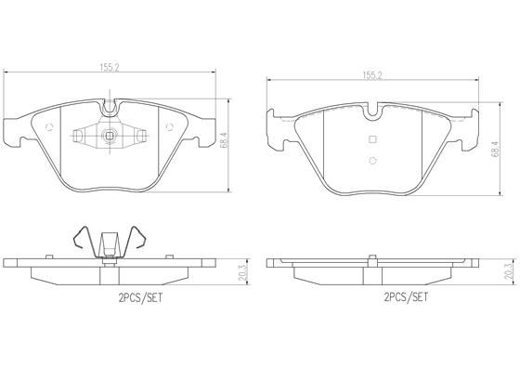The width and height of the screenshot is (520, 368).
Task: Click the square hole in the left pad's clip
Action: pyautogui.click(x=110, y=139)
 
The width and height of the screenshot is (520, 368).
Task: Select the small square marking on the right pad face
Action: pyautogui.click(x=372, y=139)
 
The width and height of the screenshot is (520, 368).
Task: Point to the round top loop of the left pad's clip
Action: pyautogui.click(x=110, y=108)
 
